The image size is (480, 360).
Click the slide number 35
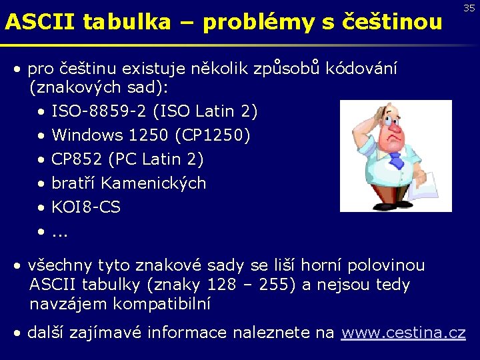pos(469,8)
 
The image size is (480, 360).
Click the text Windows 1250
pos(110,135)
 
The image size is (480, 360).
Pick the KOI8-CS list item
pos(86,207)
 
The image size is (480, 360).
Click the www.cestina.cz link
pos(403,332)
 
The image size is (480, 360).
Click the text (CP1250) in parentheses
pos(213,135)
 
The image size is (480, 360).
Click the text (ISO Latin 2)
pos(215,111)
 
